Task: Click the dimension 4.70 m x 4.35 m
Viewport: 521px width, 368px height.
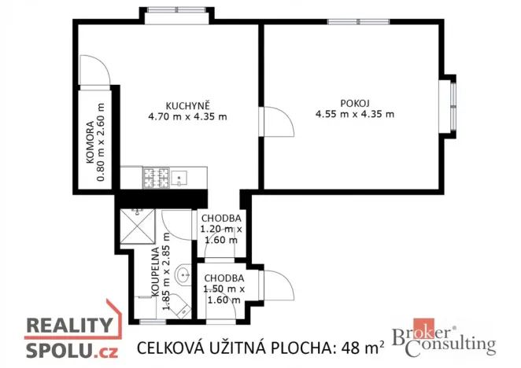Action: (187, 118)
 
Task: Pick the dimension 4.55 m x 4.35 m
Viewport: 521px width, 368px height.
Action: (355, 115)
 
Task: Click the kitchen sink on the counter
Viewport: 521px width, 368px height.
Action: (181, 178)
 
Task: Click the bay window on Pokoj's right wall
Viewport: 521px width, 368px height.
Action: (453, 105)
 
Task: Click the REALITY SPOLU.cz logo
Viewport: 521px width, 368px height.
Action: (70, 336)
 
